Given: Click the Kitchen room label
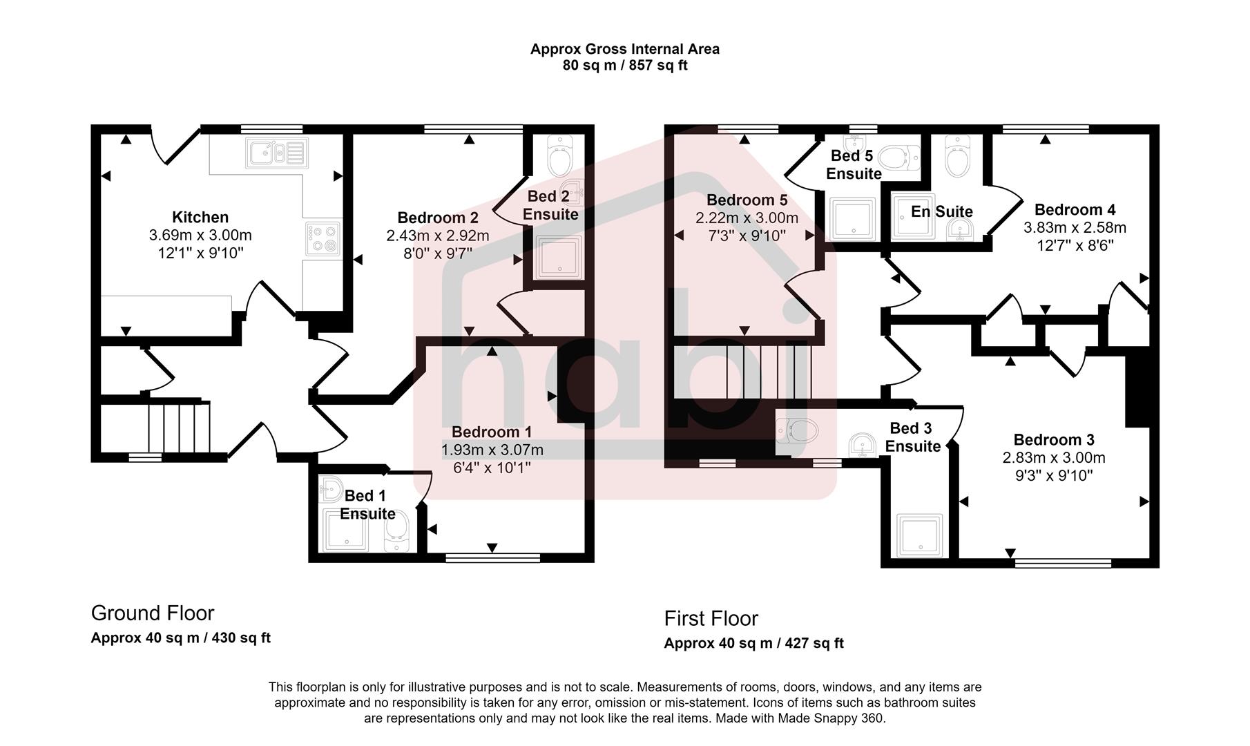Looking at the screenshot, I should pos(200,217).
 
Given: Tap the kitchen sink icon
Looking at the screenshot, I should pos(275,153).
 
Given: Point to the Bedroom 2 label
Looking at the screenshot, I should pos(438,218).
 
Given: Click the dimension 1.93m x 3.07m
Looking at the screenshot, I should pos(492,450).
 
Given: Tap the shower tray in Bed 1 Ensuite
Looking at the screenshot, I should pos(343,530).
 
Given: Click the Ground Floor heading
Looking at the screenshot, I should pos(153,613).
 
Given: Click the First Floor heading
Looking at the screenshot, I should pos(711,618).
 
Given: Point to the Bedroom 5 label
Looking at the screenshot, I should pos(747,200).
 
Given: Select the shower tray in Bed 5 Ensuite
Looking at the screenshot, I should pos(854,219).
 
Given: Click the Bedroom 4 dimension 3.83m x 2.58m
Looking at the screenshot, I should pos(1075,227).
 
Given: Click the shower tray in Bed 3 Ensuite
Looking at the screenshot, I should pos(919,535).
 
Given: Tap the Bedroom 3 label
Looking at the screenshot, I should pos(1054,439).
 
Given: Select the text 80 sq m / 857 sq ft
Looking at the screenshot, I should pos(625,66).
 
